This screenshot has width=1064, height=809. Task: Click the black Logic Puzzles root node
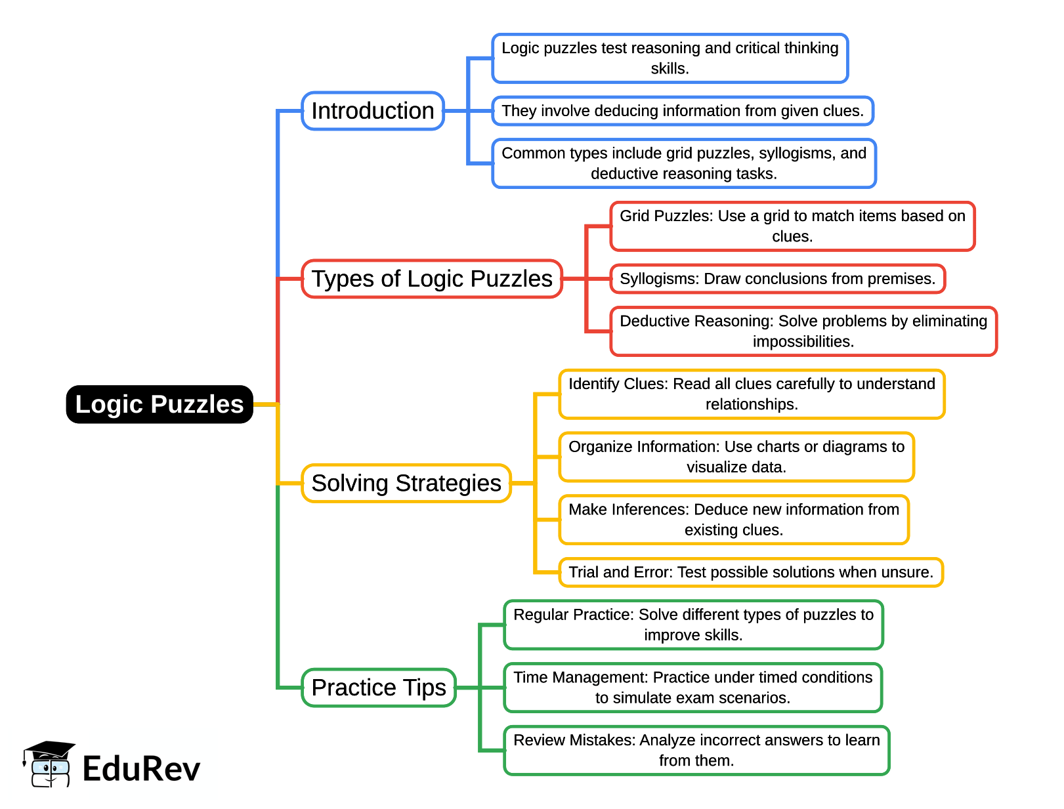click(x=160, y=404)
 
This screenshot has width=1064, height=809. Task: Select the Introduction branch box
click(x=373, y=111)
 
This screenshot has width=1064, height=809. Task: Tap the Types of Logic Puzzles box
click(x=432, y=279)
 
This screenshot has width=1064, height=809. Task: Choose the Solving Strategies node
click(x=406, y=483)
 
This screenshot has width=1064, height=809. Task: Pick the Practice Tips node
click(x=379, y=688)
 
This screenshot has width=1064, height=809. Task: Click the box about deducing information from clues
click(x=683, y=111)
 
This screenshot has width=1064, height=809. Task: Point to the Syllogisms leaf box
click(x=778, y=279)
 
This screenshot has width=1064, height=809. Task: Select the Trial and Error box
click(x=751, y=572)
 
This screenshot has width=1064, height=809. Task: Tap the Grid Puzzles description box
click(x=792, y=226)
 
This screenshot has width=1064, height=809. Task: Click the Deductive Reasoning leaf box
click(x=803, y=331)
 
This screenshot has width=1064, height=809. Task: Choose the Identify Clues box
click(x=752, y=394)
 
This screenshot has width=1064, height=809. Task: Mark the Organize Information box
click(x=736, y=457)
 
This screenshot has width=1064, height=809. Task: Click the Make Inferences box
click(x=734, y=520)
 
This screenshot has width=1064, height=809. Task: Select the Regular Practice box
click(x=693, y=625)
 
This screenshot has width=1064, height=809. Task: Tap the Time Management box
click(x=692, y=688)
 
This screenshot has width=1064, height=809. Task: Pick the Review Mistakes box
click(x=696, y=751)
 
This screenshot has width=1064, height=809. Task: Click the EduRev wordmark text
click(x=141, y=769)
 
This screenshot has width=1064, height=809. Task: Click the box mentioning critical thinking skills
click(x=670, y=58)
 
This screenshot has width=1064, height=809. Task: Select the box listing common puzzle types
click(x=684, y=163)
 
